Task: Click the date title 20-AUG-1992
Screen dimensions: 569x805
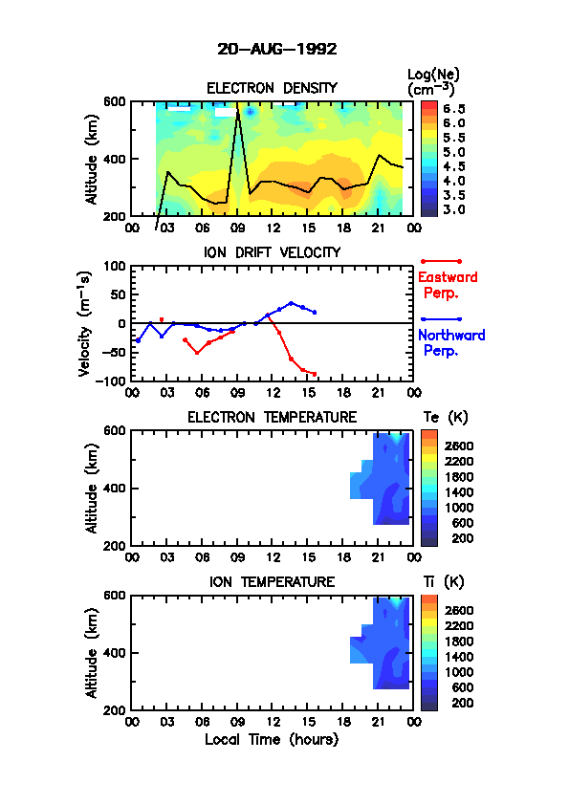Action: tap(276, 50)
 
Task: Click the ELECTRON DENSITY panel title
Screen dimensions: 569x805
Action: tap(272, 88)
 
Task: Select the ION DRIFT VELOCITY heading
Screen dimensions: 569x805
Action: tap(272, 252)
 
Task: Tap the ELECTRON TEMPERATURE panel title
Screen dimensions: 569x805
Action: tap(272, 418)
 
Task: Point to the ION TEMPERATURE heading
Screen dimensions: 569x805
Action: tap(272, 582)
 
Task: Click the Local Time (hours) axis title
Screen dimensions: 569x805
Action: tap(272, 740)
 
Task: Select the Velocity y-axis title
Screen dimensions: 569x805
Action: tap(85, 323)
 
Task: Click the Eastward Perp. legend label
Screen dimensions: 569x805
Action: tap(448, 286)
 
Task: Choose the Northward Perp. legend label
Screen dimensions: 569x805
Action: tap(451, 343)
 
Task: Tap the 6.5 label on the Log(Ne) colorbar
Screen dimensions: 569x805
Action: tap(454, 109)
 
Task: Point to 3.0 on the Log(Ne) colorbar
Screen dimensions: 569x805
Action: tap(454, 209)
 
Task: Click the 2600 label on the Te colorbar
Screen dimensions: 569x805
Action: tap(459, 446)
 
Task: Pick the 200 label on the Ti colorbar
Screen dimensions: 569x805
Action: tap(462, 703)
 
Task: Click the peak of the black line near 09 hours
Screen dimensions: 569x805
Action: tap(238, 105)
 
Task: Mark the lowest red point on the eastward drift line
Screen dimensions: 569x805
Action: tap(315, 374)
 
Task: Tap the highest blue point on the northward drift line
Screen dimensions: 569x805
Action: tap(291, 303)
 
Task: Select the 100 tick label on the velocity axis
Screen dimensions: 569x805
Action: tap(115, 266)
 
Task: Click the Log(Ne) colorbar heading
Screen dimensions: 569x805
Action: tap(433, 82)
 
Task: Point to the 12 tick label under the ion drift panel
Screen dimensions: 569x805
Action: tap(274, 393)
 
